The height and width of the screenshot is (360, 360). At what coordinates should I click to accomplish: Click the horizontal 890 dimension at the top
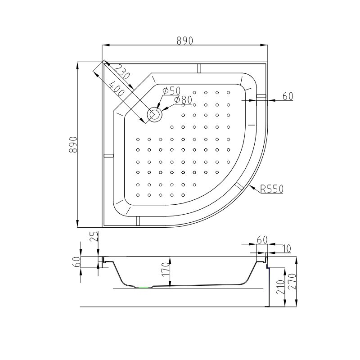click(185, 40)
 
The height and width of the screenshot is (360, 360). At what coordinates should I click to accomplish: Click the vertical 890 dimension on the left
click(73, 144)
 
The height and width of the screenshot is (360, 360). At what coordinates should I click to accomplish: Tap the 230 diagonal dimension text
click(121, 72)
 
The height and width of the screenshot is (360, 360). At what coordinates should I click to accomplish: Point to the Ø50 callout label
click(171, 90)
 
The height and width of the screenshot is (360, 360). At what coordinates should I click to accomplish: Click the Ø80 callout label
click(183, 100)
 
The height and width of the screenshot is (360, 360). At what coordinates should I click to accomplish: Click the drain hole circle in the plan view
click(155, 114)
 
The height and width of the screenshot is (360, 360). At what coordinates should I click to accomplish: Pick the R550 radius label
click(272, 189)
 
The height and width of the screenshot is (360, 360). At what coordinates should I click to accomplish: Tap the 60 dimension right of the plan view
click(288, 96)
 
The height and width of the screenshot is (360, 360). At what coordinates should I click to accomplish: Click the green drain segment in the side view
click(144, 287)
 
